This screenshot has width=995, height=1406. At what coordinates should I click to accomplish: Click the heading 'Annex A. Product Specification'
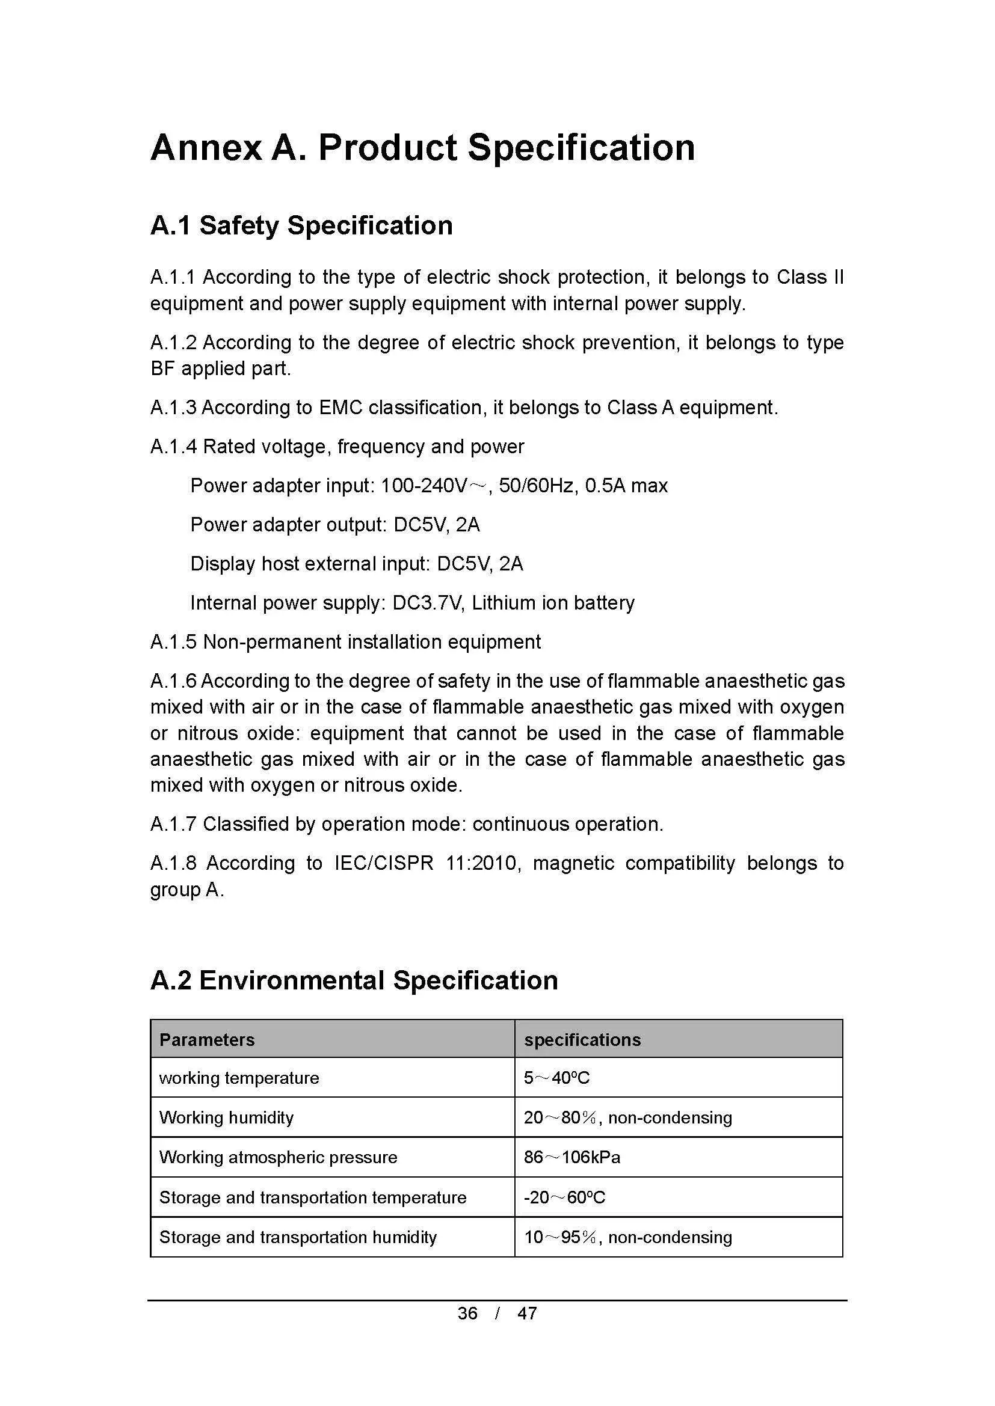pos(423,148)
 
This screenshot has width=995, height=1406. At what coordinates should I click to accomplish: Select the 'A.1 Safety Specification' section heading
pos(301,225)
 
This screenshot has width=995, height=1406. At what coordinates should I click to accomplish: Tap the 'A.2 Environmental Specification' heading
pos(354,980)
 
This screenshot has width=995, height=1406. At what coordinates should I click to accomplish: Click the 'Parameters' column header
pos(207,1040)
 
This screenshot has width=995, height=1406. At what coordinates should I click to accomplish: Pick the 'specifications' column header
pos(583,1040)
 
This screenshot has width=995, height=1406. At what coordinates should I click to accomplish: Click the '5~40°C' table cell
pos(556,1078)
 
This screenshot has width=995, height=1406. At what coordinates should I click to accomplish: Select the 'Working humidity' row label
pos(227,1117)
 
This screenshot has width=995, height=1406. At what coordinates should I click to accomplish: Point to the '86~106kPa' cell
pos(571,1157)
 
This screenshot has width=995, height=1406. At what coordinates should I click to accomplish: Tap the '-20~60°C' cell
pos(564,1197)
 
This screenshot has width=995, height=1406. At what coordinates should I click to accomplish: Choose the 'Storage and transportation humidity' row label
pos(298,1237)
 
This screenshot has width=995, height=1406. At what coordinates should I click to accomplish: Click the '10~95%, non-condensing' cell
pos(628,1237)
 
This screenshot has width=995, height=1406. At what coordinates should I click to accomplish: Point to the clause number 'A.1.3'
pos(173,408)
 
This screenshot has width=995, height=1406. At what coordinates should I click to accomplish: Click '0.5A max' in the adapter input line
pos(626,486)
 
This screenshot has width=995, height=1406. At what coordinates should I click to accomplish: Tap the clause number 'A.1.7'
pos(173,824)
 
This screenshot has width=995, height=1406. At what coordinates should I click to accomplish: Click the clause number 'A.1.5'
pos(173,642)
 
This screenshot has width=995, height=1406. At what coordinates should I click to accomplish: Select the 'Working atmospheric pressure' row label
pos(278,1157)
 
